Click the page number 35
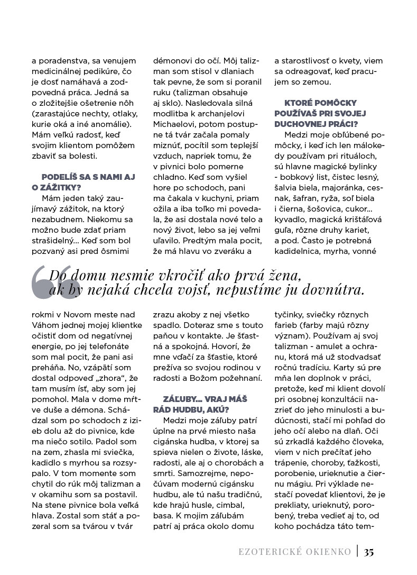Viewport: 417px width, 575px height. (x=369, y=552)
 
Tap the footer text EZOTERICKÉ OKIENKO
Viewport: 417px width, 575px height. (x=294, y=552)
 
